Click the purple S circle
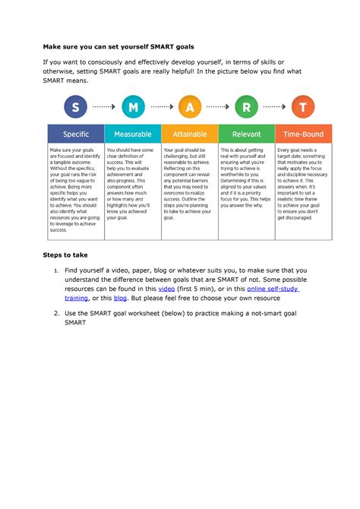coord(75,107)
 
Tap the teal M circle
coord(132,107)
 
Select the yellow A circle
coord(189,107)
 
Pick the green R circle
coord(246,107)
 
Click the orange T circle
coord(303,107)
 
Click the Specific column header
coord(75,134)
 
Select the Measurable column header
coord(132,134)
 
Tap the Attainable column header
coord(189,134)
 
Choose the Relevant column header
coord(246,134)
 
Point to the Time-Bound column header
coord(303,134)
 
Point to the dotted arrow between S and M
coord(104,107)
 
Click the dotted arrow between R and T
coord(275,107)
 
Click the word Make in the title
coord(58,46)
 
